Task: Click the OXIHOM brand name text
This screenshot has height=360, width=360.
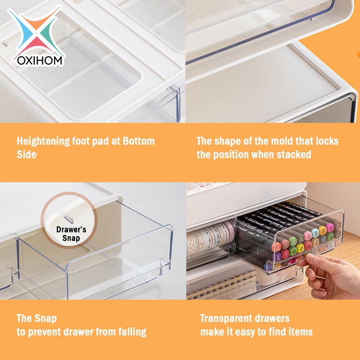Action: (40, 61)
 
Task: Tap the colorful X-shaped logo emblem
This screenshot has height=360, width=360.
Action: (35, 31)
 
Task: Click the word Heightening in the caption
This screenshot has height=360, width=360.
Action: (43, 141)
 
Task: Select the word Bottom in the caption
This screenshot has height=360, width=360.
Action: (139, 141)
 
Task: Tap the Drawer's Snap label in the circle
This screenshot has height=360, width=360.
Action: (71, 234)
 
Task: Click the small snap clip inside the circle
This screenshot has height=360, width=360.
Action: (69, 219)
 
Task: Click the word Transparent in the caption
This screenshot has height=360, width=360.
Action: (226, 319)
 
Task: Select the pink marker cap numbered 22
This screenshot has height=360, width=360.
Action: (276, 247)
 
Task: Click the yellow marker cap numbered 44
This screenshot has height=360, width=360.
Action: (323, 230)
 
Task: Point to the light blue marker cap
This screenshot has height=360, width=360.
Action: (315, 233)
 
